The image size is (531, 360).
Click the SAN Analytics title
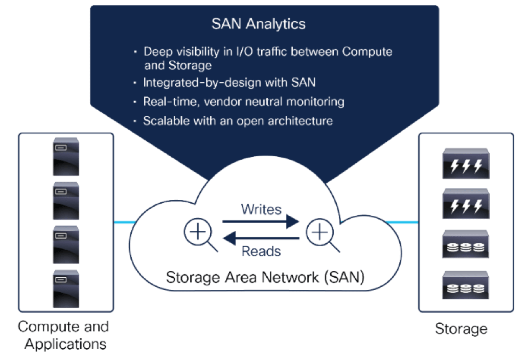pos(258,24)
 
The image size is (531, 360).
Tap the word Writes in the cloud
pos(261,209)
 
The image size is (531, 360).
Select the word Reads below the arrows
pos(261,251)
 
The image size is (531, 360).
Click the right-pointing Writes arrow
pos(261,222)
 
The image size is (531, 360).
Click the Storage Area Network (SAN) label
pos(265,277)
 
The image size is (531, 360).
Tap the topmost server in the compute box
pos(66,157)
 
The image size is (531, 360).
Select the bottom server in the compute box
pos(66,289)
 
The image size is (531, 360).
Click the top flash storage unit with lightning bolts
pos(466,164)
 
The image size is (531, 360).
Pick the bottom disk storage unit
pos(465,285)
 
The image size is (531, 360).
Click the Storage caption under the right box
pos(461,329)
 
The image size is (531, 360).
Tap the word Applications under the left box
pos(66,344)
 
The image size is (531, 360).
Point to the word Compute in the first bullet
pos(367,52)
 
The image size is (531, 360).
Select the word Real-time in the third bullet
pos(170,102)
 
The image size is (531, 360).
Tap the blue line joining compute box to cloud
pos(124,223)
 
